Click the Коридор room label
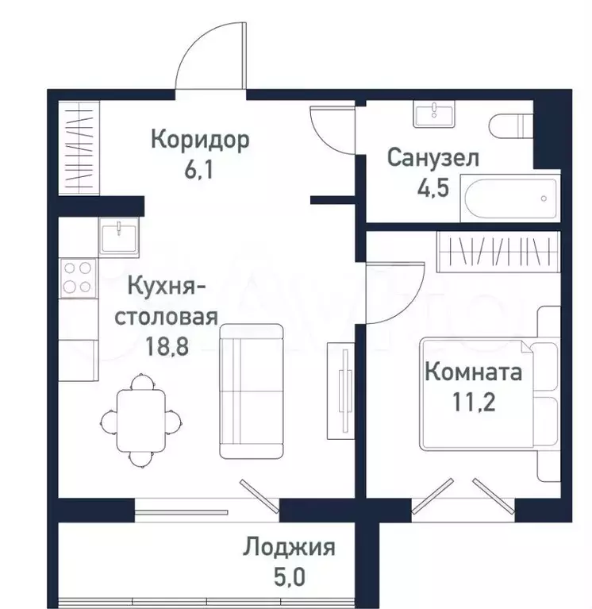coord(200,140)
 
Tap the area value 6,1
coord(198,170)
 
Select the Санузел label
coord(433,158)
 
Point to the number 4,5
coord(433,187)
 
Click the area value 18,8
coord(167,346)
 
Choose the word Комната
coord(474,372)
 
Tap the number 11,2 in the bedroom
coord(474,402)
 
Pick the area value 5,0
coord(290,576)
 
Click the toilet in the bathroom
coord(511,125)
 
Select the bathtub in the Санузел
coord(510,198)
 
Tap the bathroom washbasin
coord(433,114)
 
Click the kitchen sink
coord(118,237)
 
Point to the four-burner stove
coord(78,278)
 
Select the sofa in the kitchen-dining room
coord(252,391)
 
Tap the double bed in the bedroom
coord(490,393)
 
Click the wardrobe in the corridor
coord(79,148)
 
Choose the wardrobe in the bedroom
coord(498,252)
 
